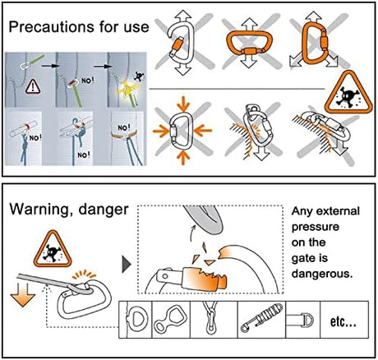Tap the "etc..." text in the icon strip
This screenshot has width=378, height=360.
pos(343,321)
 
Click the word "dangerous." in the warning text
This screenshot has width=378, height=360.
pos(321,274)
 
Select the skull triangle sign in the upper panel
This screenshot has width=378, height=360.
pos(348,93)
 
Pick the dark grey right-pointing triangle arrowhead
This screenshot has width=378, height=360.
pos(127,265)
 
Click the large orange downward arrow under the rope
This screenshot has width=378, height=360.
pos(23,295)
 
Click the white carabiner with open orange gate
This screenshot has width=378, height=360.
pos(181,43)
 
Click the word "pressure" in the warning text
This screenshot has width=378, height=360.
pos(315,227)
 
